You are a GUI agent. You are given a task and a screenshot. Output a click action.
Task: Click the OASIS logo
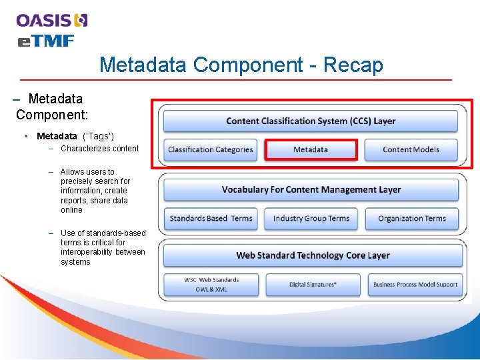tap(52, 20)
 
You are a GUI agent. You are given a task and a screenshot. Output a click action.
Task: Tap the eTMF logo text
tap(45, 41)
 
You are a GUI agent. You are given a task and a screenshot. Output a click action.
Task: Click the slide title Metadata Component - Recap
tap(241, 65)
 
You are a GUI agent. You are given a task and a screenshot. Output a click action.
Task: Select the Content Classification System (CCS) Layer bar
tap(311, 121)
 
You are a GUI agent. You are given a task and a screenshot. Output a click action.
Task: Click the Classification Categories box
tap(210, 149)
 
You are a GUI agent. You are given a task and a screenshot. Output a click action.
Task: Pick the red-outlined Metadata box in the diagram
tap(311, 149)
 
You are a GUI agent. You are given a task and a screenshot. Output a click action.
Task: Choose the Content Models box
tap(411, 149)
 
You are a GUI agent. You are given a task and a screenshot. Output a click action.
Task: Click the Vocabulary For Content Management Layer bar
tap(311, 190)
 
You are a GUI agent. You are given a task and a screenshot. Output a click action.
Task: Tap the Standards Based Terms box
tap(211, 218)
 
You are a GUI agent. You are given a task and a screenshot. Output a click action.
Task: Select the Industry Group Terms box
tap(311, 218)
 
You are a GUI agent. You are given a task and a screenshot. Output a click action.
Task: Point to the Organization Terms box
tap(411, 218)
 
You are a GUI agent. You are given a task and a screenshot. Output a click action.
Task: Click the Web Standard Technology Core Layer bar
tap(311, 255)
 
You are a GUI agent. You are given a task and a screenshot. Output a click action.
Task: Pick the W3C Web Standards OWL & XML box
tap(211, 285)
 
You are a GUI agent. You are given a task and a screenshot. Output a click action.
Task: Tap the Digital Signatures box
tap(312, 285)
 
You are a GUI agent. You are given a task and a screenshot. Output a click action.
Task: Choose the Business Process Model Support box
tap(415, 285)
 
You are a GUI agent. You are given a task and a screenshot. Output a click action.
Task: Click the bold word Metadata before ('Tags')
tap(57, 136)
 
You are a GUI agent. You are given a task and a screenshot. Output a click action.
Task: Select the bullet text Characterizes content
tap(99, 149)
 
